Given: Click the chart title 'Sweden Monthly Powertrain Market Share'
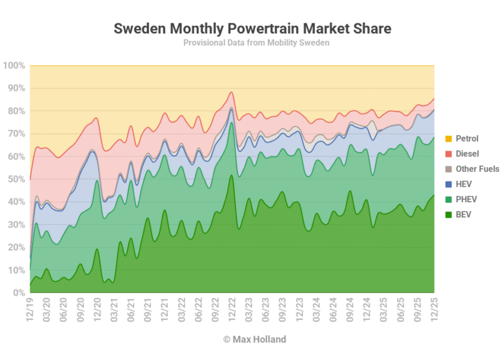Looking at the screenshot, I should click(x=252, y=28).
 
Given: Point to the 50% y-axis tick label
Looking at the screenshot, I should click(x=16, y=180).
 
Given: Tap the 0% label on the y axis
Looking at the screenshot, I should click(x=18, y=293).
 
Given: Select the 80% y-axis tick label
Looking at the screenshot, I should click(x=16, y=111).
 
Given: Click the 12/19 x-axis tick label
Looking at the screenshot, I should click(x=30, y=310).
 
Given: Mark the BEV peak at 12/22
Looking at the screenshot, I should click(x=232, y=176).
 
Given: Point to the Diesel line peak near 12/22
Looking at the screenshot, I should click(x=232, y=92).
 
